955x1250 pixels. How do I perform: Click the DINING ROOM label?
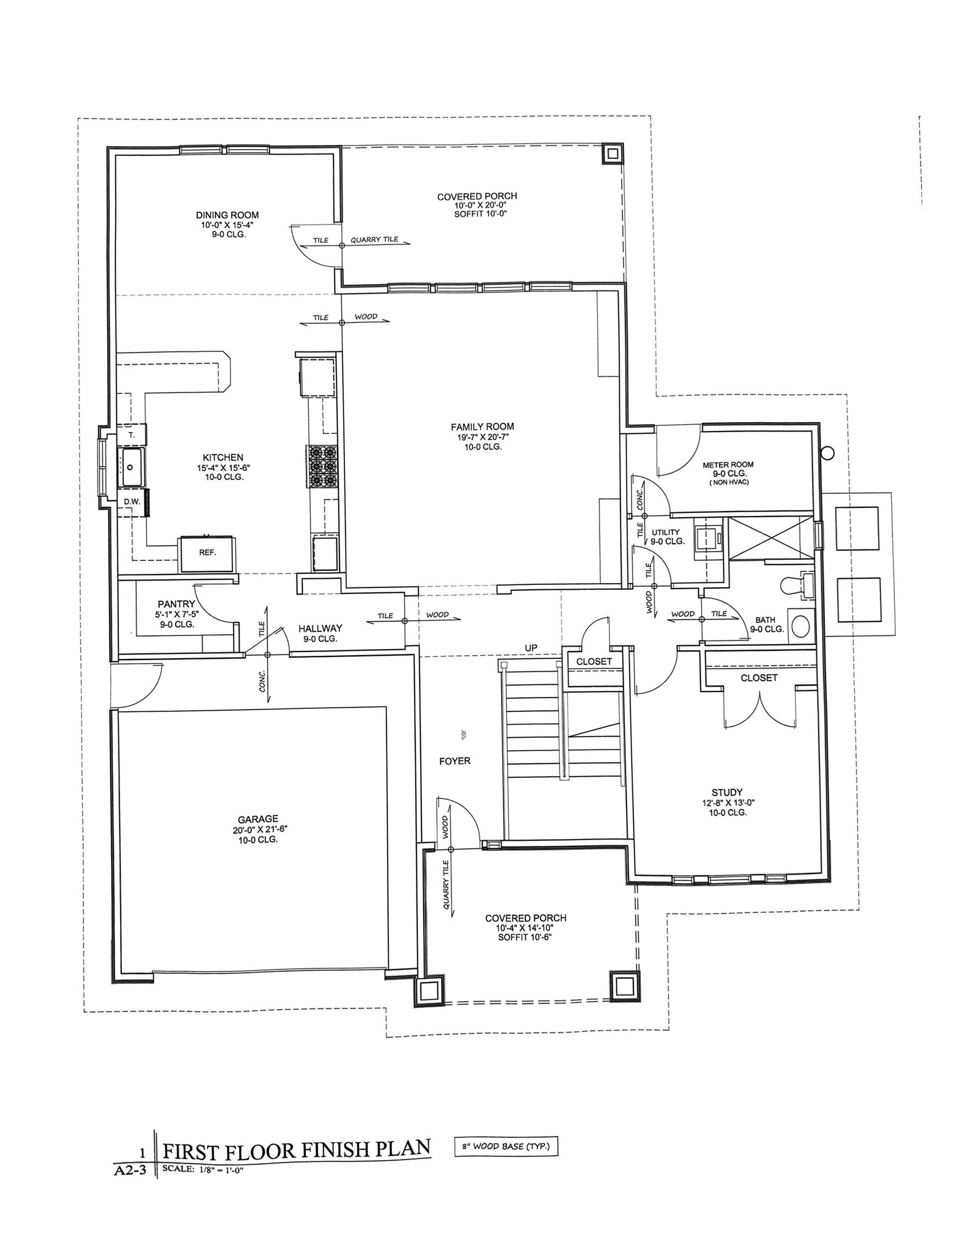[227, 215]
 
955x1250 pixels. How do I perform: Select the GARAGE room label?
[258, 819]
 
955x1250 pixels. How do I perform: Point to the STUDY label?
[727, 792]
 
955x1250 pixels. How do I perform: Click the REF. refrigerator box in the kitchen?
[207, 554]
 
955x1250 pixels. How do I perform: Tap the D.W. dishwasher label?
[132, 502]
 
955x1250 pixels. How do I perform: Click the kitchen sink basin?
[131, 467]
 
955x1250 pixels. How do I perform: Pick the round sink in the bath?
[801, 626]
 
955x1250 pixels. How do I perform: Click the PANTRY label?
[176, 604]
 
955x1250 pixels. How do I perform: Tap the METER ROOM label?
[728, 465]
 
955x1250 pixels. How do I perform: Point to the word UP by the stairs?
[531, 648]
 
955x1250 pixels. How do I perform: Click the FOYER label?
[455, 761]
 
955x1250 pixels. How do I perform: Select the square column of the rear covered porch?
[612, 153]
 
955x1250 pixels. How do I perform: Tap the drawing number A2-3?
[131, 1170]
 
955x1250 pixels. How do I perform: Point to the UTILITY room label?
[666, 533]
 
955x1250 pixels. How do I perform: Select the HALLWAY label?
[320, 628]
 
